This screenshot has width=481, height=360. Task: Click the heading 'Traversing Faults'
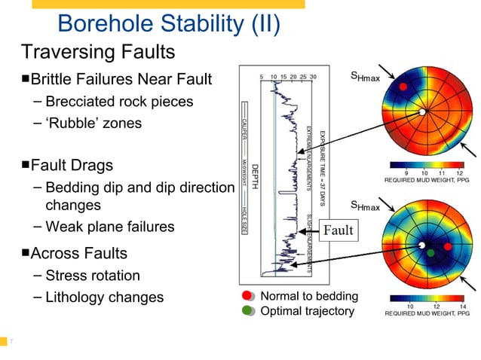click(98, 52)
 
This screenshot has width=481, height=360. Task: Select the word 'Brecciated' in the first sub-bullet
click(79, 101)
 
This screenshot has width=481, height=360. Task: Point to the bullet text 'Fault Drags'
click(72, 164)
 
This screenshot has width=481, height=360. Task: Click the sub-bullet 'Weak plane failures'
click(109, 227)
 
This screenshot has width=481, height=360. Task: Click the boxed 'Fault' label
click(338, 230)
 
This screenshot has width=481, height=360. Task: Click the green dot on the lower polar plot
click(431, 254)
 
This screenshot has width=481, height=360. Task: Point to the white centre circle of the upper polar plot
click(423, 112)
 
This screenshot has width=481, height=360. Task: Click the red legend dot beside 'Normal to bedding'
click(247, 296)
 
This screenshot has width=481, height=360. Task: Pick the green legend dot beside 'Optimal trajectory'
click(247, 310)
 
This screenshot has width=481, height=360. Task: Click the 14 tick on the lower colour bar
click(462, 307)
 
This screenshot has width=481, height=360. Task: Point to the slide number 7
click(11, 343)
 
